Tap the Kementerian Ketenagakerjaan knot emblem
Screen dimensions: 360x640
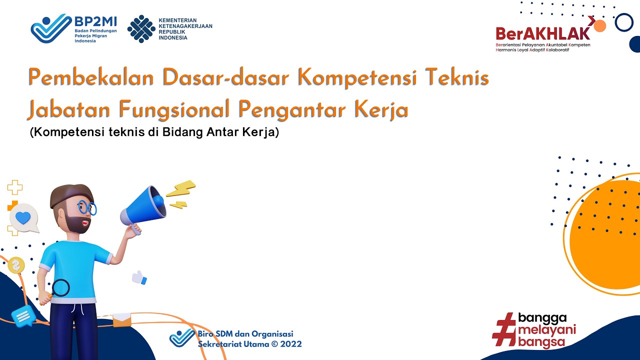[x=141, y=29]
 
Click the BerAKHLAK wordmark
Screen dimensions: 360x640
[x=543, y=33]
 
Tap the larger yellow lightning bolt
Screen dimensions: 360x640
[x=180, y=189]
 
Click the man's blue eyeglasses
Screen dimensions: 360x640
[x=86, y=207]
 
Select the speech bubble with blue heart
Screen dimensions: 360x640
[x=23, y=218]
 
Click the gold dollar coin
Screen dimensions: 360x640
[x=16, y=265]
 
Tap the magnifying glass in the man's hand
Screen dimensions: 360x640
[x=59, y=288]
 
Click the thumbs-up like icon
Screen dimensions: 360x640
[x=139, y=277]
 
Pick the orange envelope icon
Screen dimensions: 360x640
[x=121, y=319]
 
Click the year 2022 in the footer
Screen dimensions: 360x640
[x=291, y=344]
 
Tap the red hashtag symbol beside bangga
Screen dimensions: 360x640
[x=504, y=329]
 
